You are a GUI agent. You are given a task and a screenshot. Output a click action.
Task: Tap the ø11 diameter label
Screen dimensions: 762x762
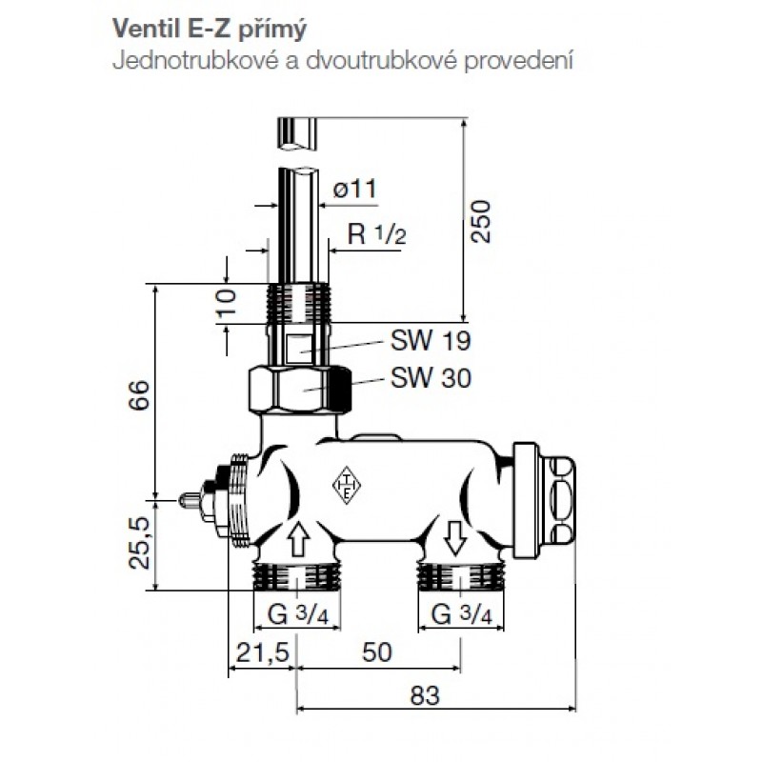tap(354, 189)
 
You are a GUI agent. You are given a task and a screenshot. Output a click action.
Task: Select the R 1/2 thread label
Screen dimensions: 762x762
tap(376, 234)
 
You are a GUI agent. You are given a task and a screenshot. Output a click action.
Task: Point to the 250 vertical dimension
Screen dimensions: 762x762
tap(481, 221)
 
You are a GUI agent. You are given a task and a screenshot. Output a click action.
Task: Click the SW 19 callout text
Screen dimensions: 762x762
tap(431, 341)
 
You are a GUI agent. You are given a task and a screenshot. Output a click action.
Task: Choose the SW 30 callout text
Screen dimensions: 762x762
tap(431, 377)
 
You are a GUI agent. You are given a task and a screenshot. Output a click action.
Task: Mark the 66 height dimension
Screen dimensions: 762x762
tap(140, 395)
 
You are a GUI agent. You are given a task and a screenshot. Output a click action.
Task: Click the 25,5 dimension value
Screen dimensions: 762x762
tap(139, 543)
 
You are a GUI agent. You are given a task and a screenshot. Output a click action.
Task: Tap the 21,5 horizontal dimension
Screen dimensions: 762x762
tap(262, 652)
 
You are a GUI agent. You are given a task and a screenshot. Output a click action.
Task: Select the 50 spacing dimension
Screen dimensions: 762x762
tap(376, 652)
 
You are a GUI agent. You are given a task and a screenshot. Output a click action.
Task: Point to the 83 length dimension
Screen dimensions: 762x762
tap(425, 695)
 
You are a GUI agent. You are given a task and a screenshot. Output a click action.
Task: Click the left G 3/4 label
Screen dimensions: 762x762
tap(298, 615)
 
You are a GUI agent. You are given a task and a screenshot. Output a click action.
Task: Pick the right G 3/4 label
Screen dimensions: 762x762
tap(462, 615)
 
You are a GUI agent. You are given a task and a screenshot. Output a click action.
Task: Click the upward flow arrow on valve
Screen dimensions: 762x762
tap(299, 538)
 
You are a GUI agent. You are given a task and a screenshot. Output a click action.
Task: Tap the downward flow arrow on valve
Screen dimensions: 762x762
tap(456, 538)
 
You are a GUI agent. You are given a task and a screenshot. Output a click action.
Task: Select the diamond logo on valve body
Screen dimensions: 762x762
tap(347, 486)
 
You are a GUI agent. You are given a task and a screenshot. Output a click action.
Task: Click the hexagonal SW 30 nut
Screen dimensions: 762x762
tap(299, 391)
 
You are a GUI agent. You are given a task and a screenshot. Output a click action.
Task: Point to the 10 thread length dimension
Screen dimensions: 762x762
tap(227, 303)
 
